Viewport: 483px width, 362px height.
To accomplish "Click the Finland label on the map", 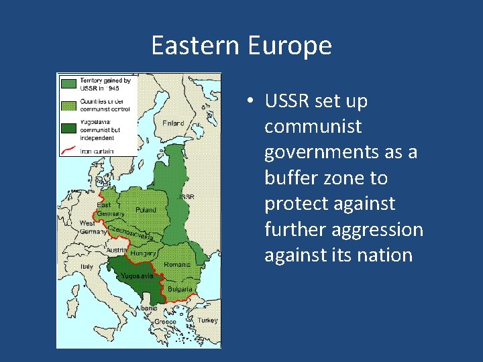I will [x=173, y=123].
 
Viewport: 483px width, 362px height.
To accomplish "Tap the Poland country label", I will [x=146, y=210].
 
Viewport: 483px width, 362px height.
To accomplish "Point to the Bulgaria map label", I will [x=179, y=290].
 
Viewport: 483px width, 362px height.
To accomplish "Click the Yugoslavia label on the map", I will [x=137, y=276].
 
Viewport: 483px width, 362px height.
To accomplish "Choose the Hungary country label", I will [x=143, y=254].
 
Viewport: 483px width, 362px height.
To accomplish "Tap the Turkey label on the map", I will [x=207, y=320].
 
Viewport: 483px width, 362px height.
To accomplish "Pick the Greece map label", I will [x=166, y=322].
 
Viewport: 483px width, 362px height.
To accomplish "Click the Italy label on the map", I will [x=87, y=266].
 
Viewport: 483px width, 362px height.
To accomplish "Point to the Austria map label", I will [x=115, y=250].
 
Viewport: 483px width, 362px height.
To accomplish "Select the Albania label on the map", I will [x=147, y=308].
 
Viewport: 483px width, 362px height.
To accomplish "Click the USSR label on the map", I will [x=187, y=197].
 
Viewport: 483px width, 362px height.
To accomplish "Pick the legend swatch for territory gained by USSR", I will [x=68, y=83].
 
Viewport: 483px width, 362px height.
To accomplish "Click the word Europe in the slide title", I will [x=290, y=46].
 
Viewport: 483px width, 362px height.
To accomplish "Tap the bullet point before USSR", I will [x=248, y=102].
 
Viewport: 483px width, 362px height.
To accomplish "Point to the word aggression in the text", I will [x=382, y=230].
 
